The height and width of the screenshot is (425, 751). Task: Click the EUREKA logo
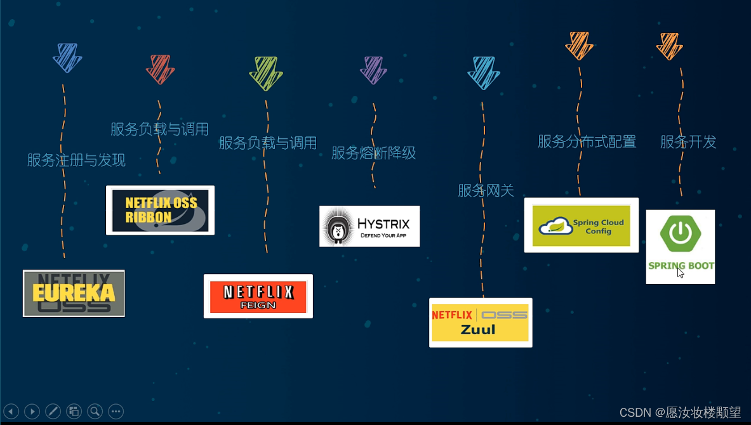pyautogui.click(x=74, y=293)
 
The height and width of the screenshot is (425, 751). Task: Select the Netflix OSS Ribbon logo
pyautogui.click(x=160, y=210)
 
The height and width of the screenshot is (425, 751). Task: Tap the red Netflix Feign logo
pyautogui.click(x=258, y=296)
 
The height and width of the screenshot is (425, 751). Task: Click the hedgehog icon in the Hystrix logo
pyautogui.click(x=338, y=226)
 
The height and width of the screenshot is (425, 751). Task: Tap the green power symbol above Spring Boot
pyautogui.click(x=680, y=233)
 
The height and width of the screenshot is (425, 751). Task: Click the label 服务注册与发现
pyautogui.click(x=76, y=160)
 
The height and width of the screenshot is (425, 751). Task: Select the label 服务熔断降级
pyautogui.click(x=373, y=153)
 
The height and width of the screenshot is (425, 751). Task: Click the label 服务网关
pyautogui.click(x=486, y=190)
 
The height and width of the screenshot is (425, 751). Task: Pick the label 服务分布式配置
pyautogui.click(x=587, y=141)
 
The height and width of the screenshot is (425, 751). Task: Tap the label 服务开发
pyautogui.click(x=688, y=142)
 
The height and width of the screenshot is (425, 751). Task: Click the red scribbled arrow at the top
pyautogui.click(x=160, y=69)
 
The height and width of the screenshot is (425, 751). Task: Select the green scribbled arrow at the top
pyautogui.click(x=265, y=73)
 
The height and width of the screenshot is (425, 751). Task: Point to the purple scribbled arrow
pyautogui.click(x=373, y=70)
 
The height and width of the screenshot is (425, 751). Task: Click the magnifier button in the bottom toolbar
pyautogui.click(x=95, y=411)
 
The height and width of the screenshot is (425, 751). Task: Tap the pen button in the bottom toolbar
pyautogui.click(x=53, y=411)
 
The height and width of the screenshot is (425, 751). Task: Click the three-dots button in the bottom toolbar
pyautogui.click(x=116, y=411)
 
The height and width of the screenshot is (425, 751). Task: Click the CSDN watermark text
pyautogui.click(x=680, y=412)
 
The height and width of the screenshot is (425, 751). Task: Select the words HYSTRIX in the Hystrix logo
pyautogui.click(x=383, y=223)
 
